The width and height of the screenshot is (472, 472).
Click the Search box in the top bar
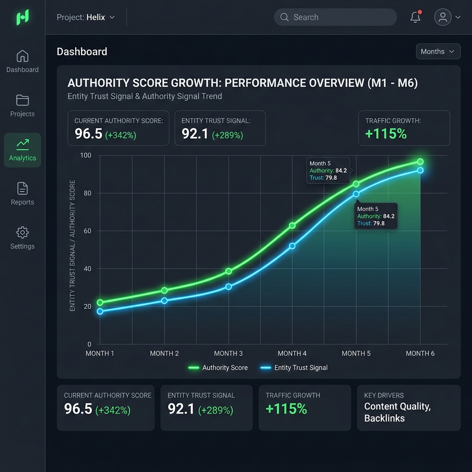[x=335, y=17]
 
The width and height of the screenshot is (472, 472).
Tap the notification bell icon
[x=415, y=17]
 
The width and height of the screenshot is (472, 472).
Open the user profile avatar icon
[x=442, y=17]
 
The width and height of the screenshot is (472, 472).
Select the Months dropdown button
[x=438, y=52]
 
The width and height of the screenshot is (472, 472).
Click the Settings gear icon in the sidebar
[x=23, y=232]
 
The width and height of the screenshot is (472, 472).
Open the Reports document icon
[x=23, y=189]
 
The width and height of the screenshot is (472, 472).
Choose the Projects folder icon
[x=23, y=100]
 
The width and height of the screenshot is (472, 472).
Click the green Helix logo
[x=23, y=17]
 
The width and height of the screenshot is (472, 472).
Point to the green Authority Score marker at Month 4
[x=292, y=225]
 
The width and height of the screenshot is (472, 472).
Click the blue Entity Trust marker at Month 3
[x=229, y=287]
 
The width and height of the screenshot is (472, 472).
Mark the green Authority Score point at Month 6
[x=420, y=162]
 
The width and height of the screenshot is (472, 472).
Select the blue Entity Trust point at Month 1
[x=100, y=311]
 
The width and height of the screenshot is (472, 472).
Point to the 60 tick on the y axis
[x=87, y=231]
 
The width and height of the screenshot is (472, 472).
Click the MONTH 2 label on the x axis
[x=165, y=354]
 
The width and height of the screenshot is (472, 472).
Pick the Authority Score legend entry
[x=218, y=367]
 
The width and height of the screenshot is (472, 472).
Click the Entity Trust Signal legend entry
[x=294, y=367]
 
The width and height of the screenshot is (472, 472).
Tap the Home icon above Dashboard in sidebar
[x=23, y=56]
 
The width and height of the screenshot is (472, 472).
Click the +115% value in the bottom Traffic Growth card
[x=286, y=409]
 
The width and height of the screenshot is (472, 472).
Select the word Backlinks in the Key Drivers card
[x=384, y=418]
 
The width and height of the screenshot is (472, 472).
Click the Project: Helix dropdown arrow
[x=112, y=18]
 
